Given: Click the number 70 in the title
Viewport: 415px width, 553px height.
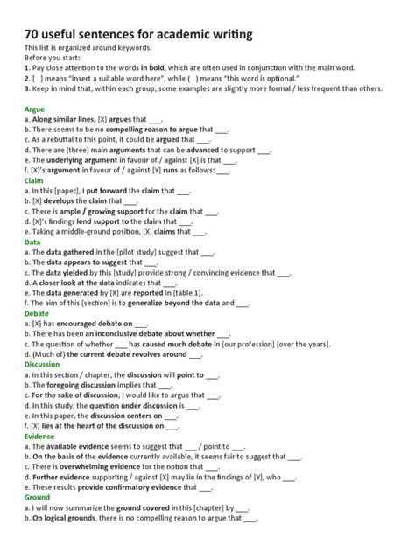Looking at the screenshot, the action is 34,33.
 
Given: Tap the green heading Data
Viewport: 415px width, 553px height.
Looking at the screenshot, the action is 33,241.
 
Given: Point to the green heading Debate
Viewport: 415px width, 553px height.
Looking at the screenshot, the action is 38,312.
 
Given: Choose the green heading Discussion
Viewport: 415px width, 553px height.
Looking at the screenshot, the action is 43,364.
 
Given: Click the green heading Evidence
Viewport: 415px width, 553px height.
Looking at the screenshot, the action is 40,435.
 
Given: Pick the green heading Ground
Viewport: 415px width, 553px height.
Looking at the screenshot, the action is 39,497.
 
